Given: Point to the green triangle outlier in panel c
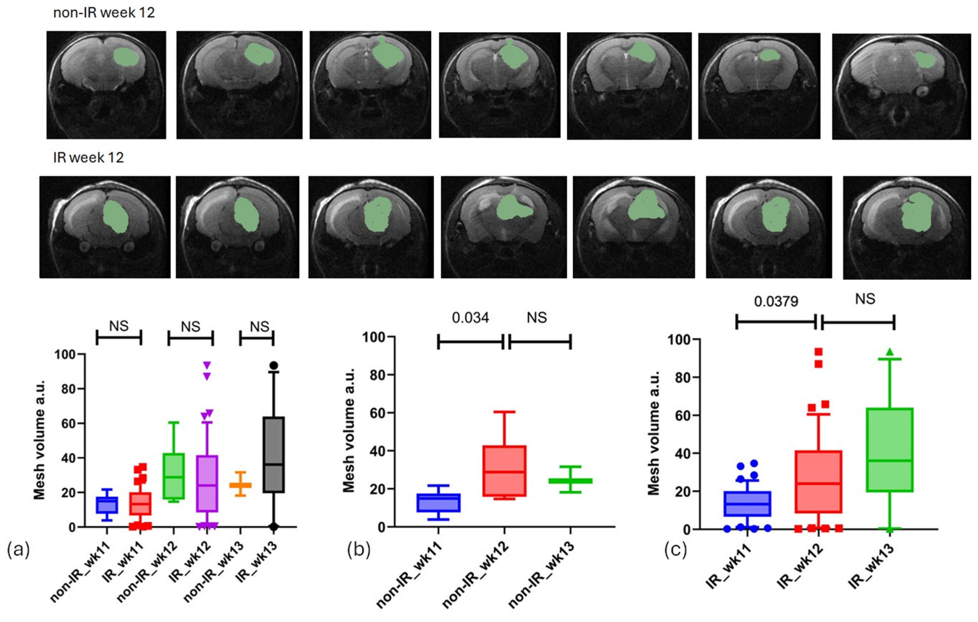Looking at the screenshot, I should tap(889, 352).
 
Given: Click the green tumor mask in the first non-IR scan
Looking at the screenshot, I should tap(128, 57).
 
